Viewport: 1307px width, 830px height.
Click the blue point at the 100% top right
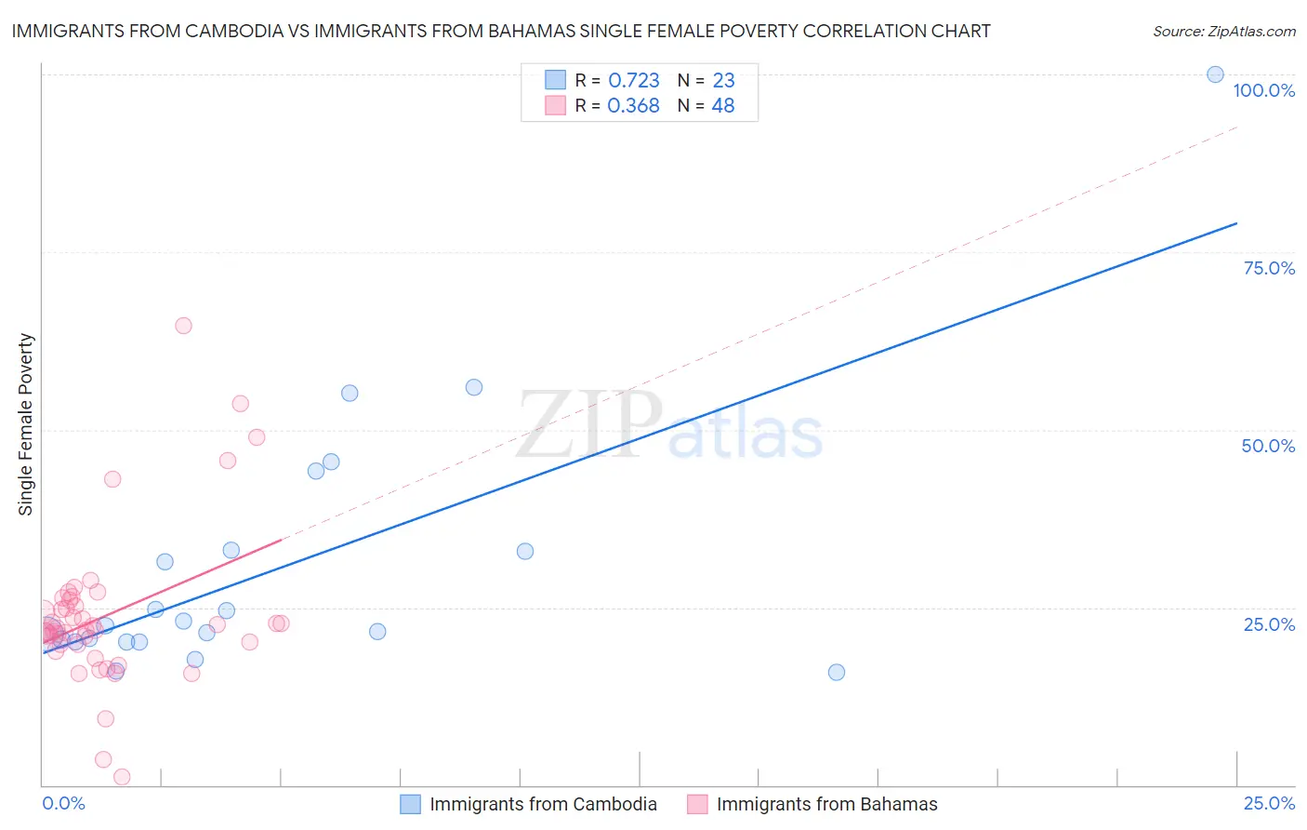coord(1215,74)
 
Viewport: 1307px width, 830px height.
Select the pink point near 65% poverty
coord(183,326)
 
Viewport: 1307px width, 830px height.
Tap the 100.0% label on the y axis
coord(1263,90)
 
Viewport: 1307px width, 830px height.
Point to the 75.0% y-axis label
coord(1269,268)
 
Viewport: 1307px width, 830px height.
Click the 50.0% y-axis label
coord(1268,446)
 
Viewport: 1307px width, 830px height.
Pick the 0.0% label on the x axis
coord(63,803)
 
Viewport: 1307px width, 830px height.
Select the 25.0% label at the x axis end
coord(1269,803)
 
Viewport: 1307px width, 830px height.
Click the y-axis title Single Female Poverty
coord(26,424)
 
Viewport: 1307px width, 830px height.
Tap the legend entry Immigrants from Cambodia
coord(543,804)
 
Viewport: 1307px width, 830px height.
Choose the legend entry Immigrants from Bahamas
coord(826,804)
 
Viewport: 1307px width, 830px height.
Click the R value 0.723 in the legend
coord(633,81)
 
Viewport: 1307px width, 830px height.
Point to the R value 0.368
coord(633,106)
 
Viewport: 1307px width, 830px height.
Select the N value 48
coord(722,106)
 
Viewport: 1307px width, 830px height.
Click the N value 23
coord(723,81)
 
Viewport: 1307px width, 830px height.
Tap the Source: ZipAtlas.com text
coord(1223,32)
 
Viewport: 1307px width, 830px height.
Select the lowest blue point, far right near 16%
coord(836,672)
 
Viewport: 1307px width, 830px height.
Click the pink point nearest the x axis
coord(121,777)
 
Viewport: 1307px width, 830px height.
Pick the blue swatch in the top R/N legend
coord(555,80)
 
